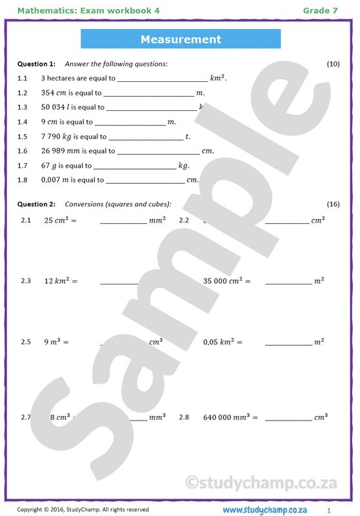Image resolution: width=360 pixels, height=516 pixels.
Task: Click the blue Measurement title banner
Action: pos(181,39)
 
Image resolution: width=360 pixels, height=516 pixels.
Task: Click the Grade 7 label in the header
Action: pos(320,10)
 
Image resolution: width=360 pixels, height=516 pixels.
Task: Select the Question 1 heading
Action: pos(36,64)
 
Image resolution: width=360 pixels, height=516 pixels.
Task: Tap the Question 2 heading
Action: pos(36,204)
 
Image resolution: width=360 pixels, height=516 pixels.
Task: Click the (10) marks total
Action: pos(333,64)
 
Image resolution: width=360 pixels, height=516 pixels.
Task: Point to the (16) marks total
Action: pos(333,204)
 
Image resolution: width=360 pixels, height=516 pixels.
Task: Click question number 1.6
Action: pos(23,151)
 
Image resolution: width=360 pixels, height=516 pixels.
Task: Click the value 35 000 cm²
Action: pos(226,281)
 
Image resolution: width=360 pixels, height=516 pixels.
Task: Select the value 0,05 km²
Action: pos(223,342)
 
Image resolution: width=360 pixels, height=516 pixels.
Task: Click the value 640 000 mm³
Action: pos(230,417)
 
